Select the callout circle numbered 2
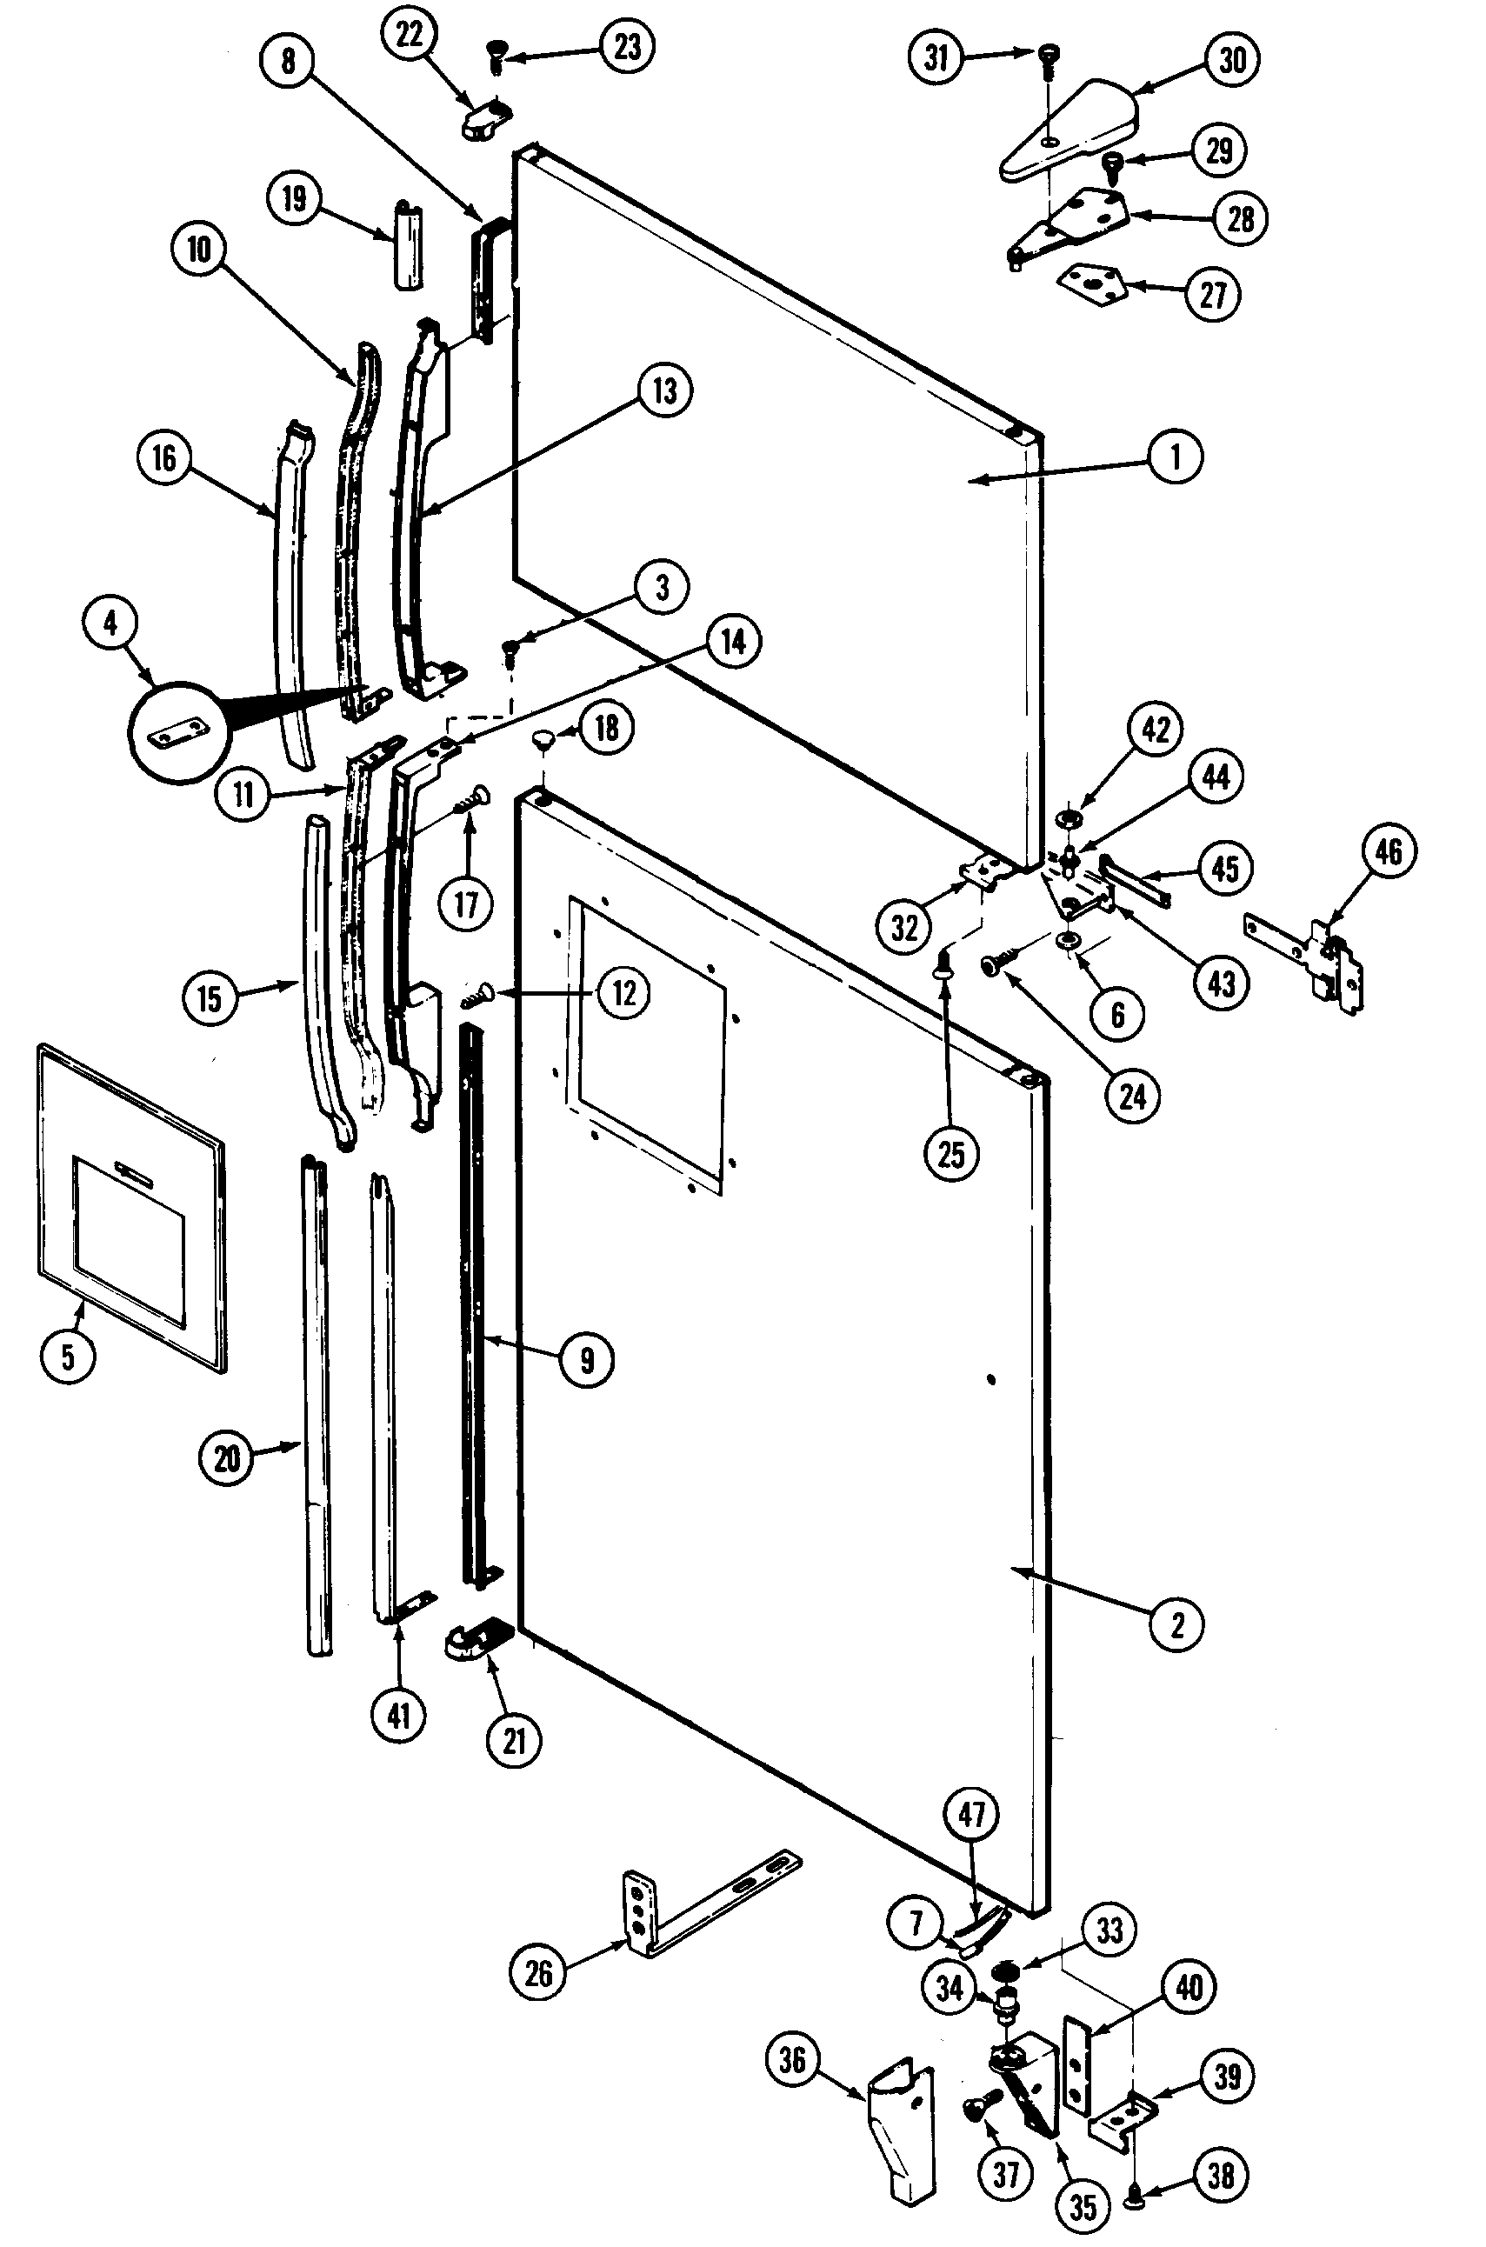(x=1177, y=1624)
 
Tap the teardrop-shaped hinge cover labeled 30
(x=1071, y=130)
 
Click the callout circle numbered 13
(x=664, y=390)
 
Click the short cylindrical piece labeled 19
(x=408, y=243)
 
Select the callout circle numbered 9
(x=588, y=1360)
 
